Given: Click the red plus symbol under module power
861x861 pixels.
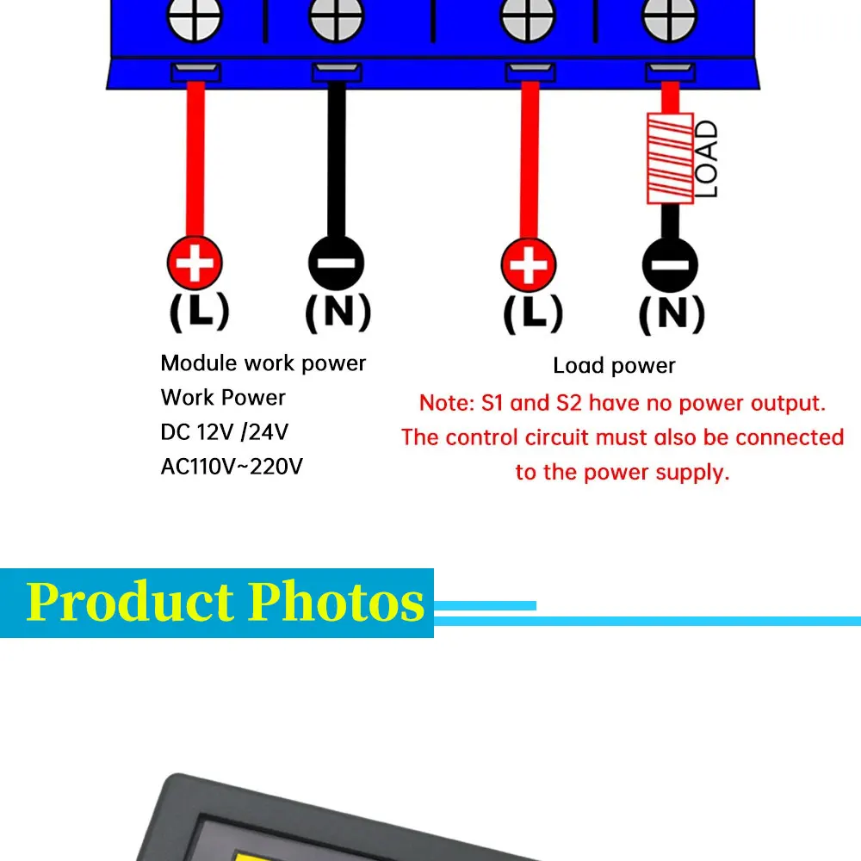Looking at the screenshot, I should pyautogui.click(x=195, y=263).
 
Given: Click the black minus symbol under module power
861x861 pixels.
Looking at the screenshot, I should pyautogui.click(x=336, y=263).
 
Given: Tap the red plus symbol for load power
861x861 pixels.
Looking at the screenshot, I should pyautogui.click(x=529, y=263).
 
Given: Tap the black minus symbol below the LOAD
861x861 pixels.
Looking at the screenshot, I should pyautogui.click(x=670, y=264).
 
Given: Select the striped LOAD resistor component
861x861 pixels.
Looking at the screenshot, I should pyautogui.click(x=669, y=161).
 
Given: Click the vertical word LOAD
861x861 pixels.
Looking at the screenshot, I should pyautogui.click(x=706, y=159).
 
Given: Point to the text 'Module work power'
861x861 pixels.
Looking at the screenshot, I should pyautogui.click(x=263, y=363).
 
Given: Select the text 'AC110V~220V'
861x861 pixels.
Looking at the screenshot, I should pyautogui.click(x=232, y=467).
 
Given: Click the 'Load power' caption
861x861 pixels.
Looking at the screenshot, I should pyautogui.click(x=614, y=366).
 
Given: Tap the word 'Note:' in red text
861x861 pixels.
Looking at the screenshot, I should pyautogui.click(x=445, y=403).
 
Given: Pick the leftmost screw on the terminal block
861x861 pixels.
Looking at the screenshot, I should pyautogui.click(x=194, y=17).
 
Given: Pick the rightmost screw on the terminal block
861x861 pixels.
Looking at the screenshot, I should pyautogui.click(x=669, y=17).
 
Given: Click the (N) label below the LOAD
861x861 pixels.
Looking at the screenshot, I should pyautogui.click(x=672, y=314).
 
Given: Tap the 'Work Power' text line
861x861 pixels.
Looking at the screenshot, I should pyautogui.click(x=222, y=398).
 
